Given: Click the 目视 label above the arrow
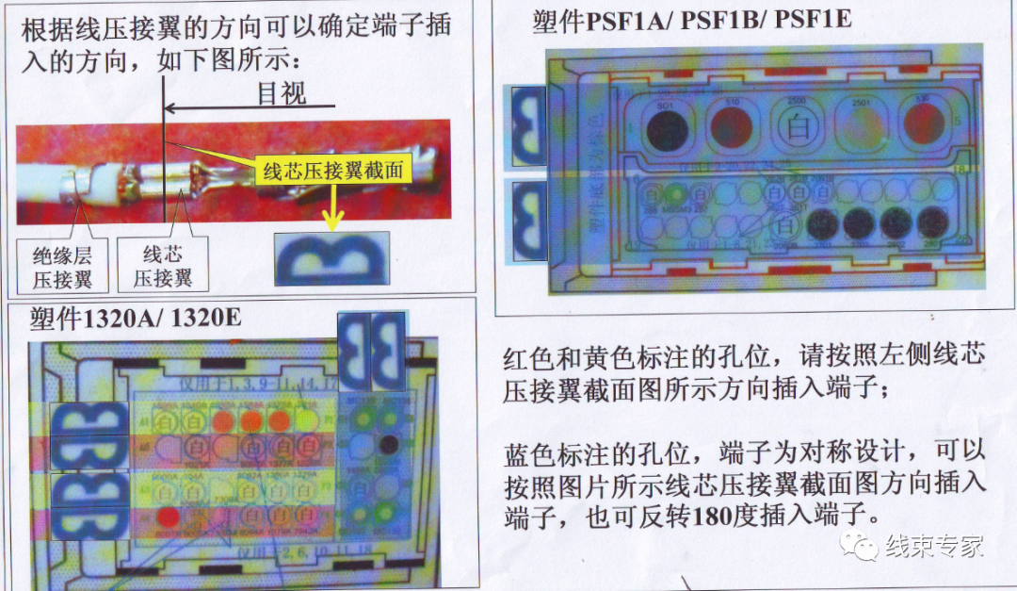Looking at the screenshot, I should point(282,94).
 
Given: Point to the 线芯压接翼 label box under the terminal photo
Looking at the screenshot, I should point(162,266).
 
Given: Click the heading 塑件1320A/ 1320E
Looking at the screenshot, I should point(135,319).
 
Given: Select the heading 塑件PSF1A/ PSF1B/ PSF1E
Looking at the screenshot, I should point(691,21).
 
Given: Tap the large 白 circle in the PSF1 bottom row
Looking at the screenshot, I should point(786,225).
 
